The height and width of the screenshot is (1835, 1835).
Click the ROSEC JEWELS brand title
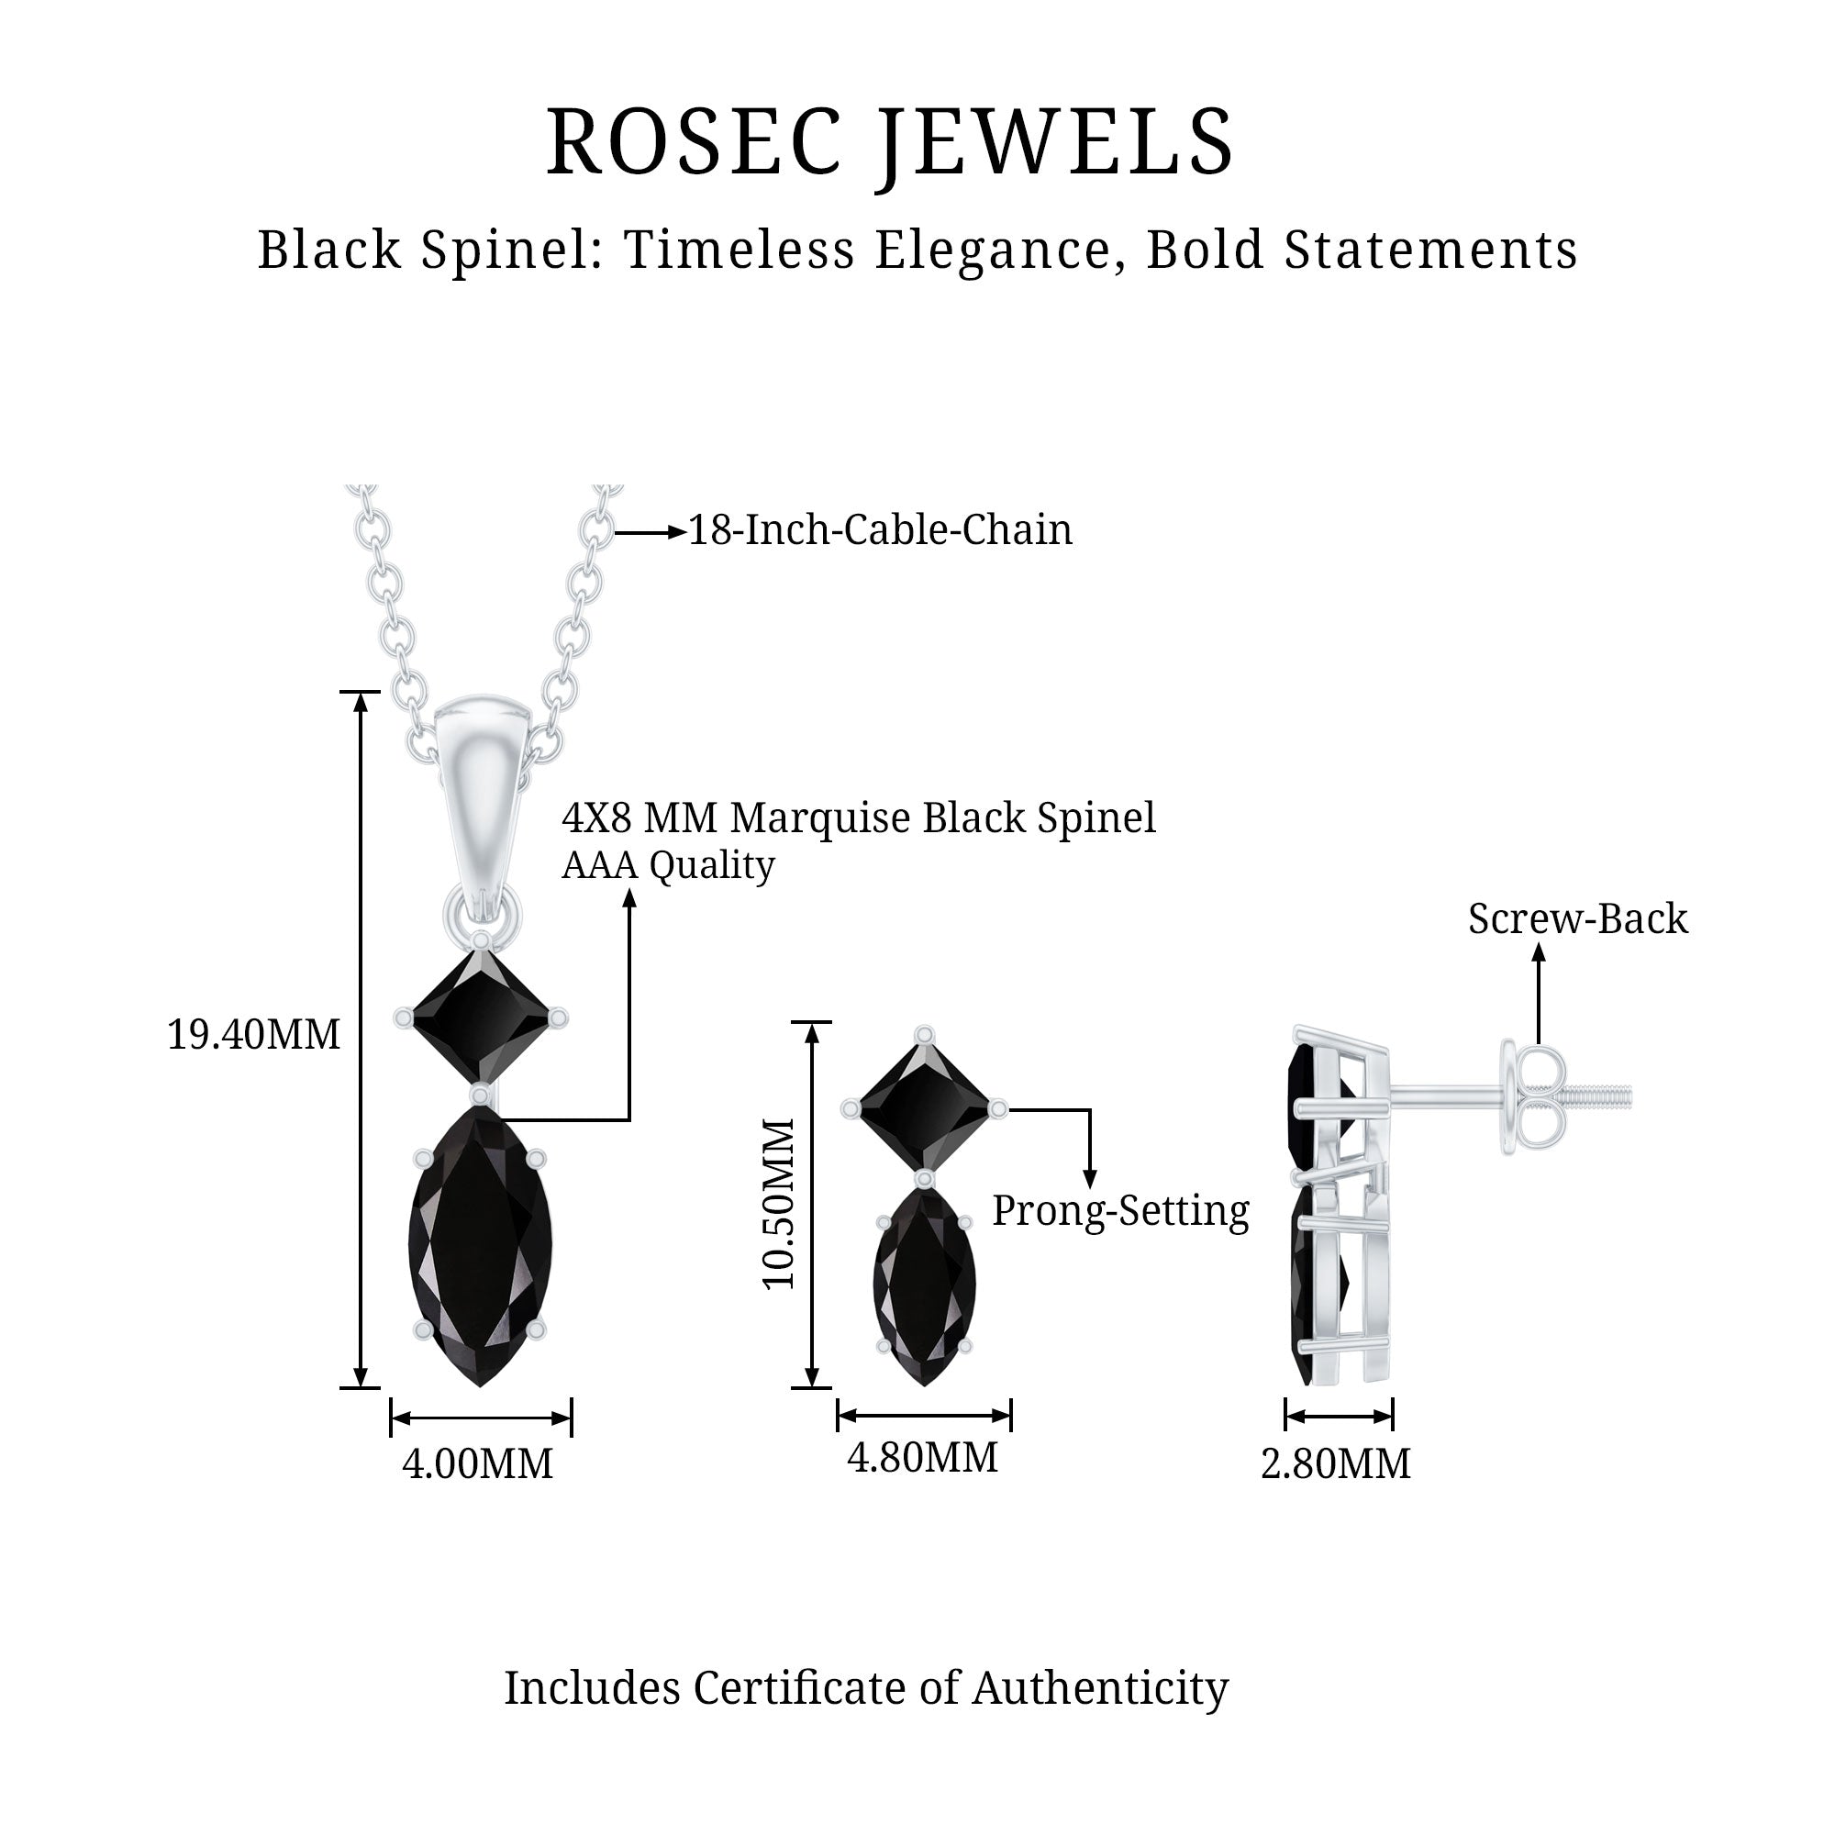coord(890,142)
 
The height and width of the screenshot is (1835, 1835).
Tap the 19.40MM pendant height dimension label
coord(253,1034)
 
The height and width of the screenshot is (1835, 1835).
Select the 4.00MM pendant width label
coord(477,1463)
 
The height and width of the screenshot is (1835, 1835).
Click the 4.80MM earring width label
coord(922,1457)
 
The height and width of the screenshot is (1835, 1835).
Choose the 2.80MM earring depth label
coord(1335,1463)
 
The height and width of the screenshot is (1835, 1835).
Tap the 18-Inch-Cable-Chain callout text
coord(880,530)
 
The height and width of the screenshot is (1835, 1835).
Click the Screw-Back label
coord(1577,918)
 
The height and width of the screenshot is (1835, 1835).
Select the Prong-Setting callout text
coord(1121,1211)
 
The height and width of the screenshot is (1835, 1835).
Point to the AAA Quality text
coord(668,865)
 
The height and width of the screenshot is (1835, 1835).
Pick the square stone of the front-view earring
coord(924,1107)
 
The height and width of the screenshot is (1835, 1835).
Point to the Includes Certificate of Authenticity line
coord(865,1688)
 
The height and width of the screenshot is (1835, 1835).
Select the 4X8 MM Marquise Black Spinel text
coord(859,817)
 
